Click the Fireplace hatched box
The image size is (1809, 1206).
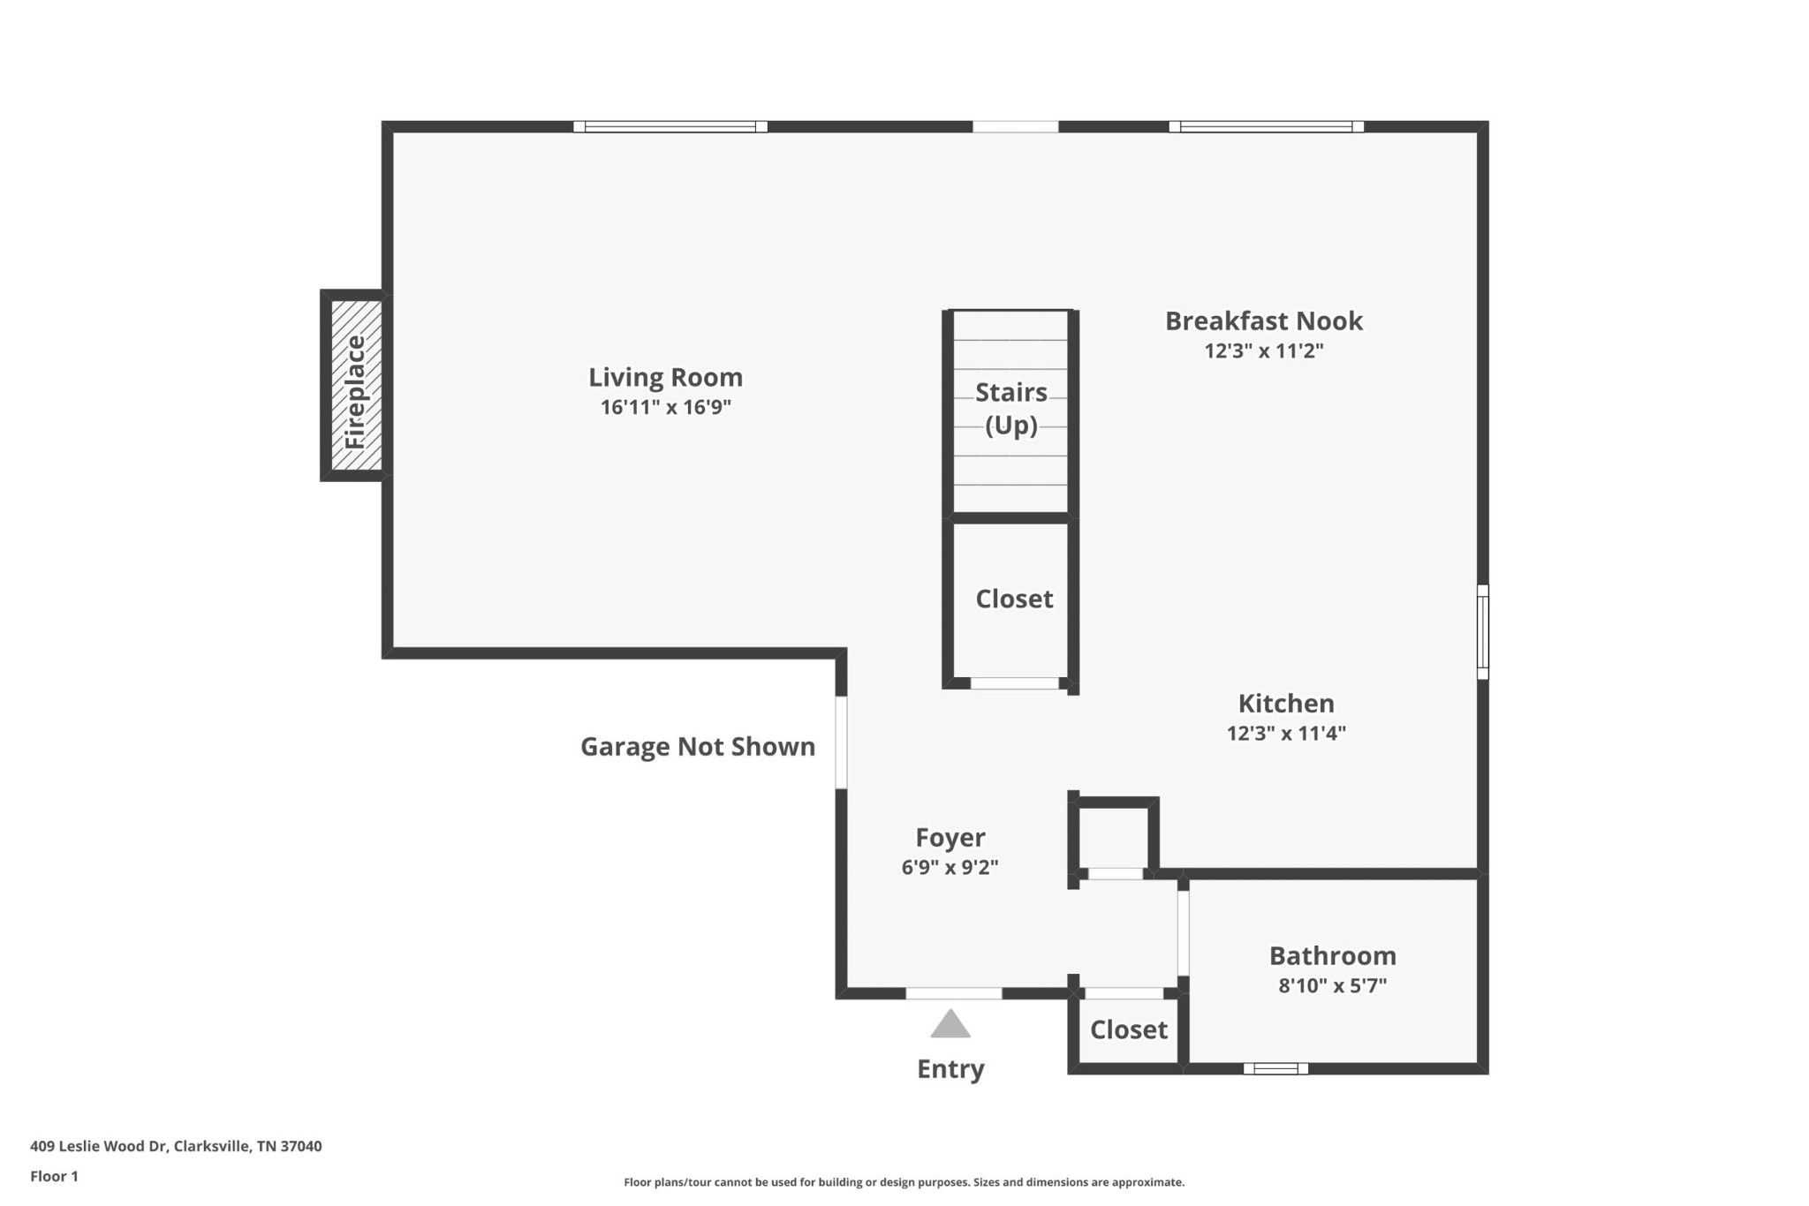[357, 385]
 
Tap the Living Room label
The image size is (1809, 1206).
[666, 378]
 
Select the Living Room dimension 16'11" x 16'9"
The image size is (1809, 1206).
[666, 408]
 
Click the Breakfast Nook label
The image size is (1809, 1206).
[1264, 321]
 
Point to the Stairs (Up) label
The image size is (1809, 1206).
[1011, 409]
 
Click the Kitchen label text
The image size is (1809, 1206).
[1286, 704]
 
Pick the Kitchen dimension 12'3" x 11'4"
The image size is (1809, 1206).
[1286, 734]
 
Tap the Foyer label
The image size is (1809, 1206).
[950, 838]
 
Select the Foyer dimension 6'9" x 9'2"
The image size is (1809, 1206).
[950, 868]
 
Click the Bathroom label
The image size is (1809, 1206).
[1333, 956]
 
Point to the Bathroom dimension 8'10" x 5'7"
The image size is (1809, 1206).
[1333, 986]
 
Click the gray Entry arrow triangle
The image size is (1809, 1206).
[950, 1024]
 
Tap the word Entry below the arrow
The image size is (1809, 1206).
[950, 1070]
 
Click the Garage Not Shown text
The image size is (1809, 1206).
[698, 747]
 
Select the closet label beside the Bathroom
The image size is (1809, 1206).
[1129, 1030]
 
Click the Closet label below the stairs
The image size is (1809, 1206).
[1014, 599]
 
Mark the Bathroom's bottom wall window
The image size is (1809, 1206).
[1276, 1069]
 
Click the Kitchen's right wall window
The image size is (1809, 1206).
[1483, 632]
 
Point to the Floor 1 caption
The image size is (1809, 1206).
[55, 1177]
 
